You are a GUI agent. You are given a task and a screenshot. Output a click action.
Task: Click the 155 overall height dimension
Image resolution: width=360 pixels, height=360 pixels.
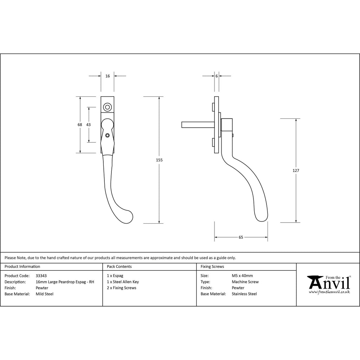[159, 160]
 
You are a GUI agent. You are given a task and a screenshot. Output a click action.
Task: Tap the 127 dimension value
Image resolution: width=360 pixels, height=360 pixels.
[296, 171]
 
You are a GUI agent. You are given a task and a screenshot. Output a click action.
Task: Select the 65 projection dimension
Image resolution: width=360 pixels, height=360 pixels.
[241, 237]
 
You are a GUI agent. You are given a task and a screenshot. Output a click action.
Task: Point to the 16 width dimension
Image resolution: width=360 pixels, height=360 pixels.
[108, 76]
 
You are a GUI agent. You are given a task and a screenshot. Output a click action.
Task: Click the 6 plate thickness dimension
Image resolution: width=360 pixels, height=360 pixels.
[217, 76]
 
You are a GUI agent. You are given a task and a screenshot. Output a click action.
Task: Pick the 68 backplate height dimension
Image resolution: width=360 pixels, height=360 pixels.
[80, 125]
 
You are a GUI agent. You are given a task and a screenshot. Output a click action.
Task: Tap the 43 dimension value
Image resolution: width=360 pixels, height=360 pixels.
[88, 125]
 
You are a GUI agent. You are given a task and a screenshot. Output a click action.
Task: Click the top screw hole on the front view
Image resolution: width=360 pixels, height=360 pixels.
[107, 107]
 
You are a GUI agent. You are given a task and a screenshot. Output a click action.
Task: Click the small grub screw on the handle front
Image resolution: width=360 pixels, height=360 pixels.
[107, 136]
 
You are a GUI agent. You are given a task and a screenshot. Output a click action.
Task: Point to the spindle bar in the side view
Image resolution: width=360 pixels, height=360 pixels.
[198, 125]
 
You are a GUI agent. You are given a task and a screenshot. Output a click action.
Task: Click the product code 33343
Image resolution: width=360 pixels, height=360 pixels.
[41, 276]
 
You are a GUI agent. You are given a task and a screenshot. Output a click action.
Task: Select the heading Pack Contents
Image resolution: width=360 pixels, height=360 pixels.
[119, 266]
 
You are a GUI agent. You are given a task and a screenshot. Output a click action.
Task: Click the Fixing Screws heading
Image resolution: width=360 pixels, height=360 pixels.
[212, 266]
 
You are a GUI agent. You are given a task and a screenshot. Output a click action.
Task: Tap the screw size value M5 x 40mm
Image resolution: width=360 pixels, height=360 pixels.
[242, 276]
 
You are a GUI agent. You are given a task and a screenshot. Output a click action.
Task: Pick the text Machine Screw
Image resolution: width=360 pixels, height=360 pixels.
[245, 282]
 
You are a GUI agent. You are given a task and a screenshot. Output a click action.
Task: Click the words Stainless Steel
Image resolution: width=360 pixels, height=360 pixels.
[244, 294]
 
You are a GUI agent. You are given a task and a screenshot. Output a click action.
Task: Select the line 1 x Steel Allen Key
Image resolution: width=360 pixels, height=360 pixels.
[123, 282]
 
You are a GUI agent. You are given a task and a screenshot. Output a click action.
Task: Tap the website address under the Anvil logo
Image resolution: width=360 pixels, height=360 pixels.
[329, 292]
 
